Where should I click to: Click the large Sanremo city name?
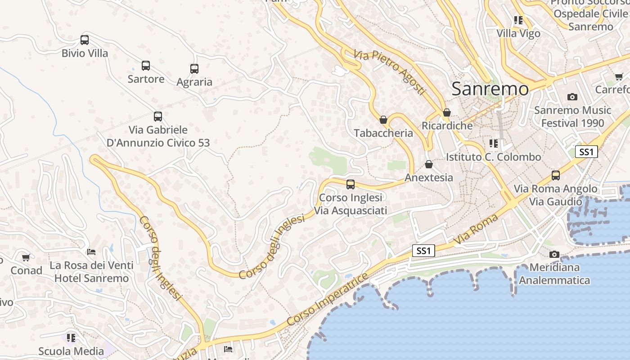coord(490,89)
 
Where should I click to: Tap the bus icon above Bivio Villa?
coord(85,40)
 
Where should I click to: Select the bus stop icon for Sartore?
coord(146,66)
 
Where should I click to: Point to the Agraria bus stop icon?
coord(194,69)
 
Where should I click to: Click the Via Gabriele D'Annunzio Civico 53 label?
coord(158,136)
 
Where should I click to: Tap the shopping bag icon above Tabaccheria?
coord(383,120)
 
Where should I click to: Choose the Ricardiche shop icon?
coord(447,112)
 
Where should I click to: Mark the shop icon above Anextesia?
coord(429,164)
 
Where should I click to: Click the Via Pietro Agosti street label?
coord(389,72)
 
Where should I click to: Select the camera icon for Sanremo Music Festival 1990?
coord(572,97)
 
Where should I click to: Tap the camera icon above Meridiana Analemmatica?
coord(554,255)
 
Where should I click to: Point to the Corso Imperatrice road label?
coord(327,299)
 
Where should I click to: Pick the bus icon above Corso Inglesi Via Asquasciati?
coord(351,184)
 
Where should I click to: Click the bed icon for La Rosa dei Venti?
coord(91,252)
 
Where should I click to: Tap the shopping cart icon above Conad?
coord(26,258)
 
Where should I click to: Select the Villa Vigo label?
coord(518,34)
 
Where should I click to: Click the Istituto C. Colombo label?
coord(493,157)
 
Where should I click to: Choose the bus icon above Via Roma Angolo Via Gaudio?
coord(556,175)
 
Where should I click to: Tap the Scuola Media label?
coord(71,351)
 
